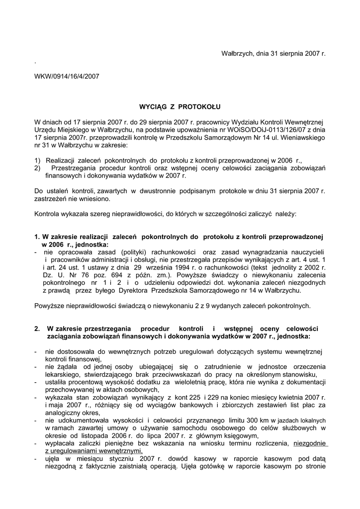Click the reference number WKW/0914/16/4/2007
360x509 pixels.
tap(67, 77)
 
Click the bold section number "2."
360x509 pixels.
tap(37, 329)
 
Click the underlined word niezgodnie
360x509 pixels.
tap(310, 443)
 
